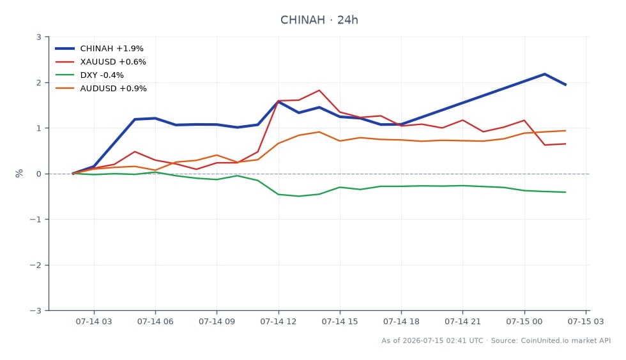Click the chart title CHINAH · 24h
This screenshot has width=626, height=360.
tap(319, 20)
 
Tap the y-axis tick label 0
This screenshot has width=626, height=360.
tap(39, 174)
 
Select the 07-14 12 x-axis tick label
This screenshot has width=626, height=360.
tap(279, 322)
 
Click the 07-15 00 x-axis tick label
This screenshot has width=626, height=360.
tap(524, 322)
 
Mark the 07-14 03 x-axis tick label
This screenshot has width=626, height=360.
tap(94, 322)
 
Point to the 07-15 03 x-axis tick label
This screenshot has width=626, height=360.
tap(586, 322)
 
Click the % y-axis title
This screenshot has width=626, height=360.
tap(19, 173)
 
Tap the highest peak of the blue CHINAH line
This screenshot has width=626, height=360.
tap(544, 74)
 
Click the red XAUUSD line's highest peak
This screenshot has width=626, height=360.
tap(319, 90)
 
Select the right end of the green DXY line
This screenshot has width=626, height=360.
tap(565, 192)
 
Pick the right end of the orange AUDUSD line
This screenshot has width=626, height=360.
tap(565, 130)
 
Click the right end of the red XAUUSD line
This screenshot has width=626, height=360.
tap(565, 144)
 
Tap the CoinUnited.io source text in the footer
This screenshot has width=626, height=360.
tap(544, 341)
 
